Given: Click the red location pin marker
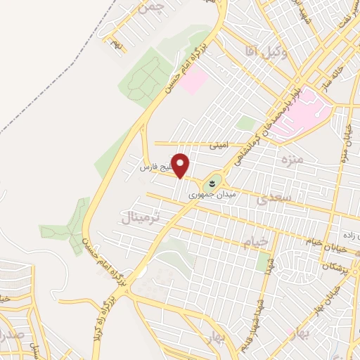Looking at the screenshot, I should tap(181, 165).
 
